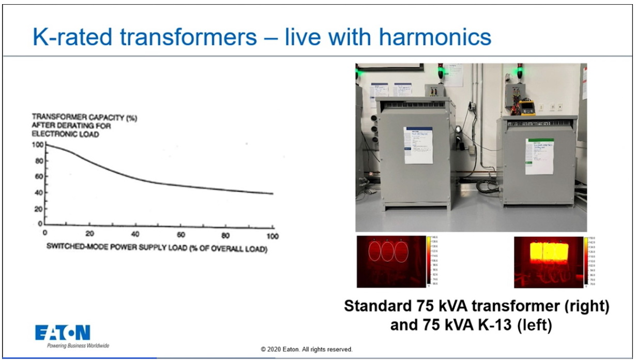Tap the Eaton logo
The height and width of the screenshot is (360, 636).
tap(63, 333)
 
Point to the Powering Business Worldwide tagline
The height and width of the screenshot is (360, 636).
tap(78, 346)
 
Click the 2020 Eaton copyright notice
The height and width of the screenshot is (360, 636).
tap(307, 350)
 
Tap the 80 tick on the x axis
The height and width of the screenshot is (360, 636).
tap(226, 236)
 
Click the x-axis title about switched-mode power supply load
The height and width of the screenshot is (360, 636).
tap(157, 247)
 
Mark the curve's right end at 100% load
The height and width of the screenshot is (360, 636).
tap(272, 193)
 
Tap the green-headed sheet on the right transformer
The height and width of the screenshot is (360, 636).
tap(539, 156)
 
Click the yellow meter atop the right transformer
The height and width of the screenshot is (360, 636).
tap(526, 108)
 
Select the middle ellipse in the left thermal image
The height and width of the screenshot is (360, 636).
tap(388, 252)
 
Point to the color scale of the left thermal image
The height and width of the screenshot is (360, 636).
tap(428, 260)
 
